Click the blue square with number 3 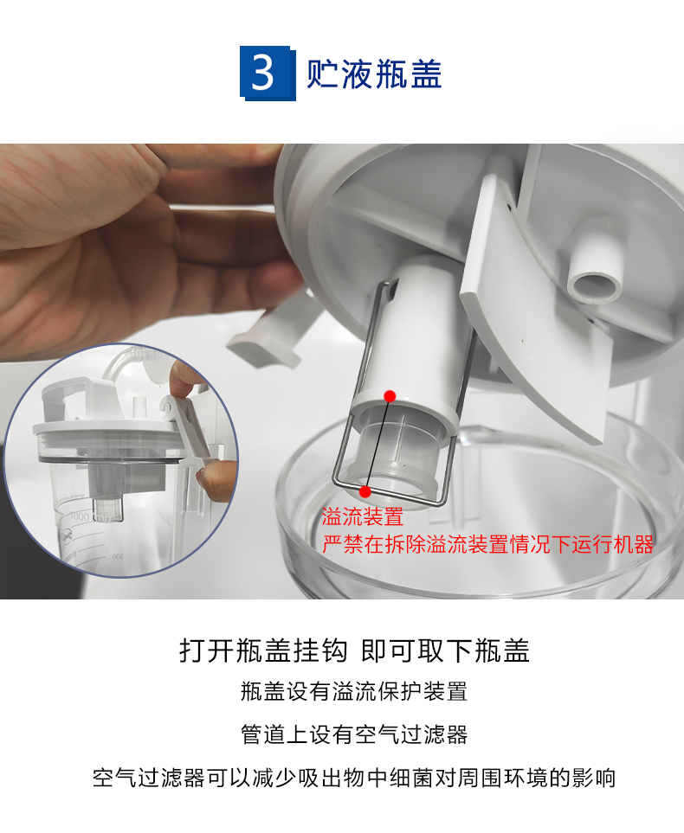pos(268,73)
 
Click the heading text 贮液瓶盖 pos(374,74)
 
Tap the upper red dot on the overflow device pos(390,396)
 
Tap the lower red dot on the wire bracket pos(365,492)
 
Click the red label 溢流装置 pos(362,517)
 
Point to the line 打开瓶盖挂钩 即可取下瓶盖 pos(354,650)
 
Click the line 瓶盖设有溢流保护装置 pos(354,692)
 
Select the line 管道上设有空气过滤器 pos(354,734)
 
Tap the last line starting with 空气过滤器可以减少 pos(354,778)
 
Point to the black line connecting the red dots pos(377,444)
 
